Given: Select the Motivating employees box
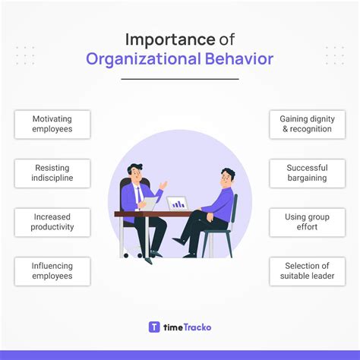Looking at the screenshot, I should tap(52, 125).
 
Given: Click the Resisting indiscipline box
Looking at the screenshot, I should tap(52, 173).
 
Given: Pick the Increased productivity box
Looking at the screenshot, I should tap(52, 222).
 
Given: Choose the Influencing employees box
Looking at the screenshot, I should tap(52, 271).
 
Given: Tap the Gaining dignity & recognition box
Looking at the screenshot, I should tap(307, 125).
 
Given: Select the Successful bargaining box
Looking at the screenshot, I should tap(307, 173).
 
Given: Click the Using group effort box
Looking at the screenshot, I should tap(307, 222).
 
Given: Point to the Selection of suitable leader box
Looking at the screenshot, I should tap(307, 271).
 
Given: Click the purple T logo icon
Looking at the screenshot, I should tap(154, 327).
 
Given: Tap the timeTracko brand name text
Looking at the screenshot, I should tap(187, 327).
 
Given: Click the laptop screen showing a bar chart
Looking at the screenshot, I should tap(178, 203).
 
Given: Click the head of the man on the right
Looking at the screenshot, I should tap(227, 178).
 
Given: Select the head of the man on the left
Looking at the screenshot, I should tap(134, 172).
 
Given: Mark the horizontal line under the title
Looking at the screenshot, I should tap(179, 78).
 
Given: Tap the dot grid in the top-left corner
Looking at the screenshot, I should tap(25, 55).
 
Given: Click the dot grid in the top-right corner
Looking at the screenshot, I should tap(334, 55).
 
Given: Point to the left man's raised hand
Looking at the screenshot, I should tap(163, 185).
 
